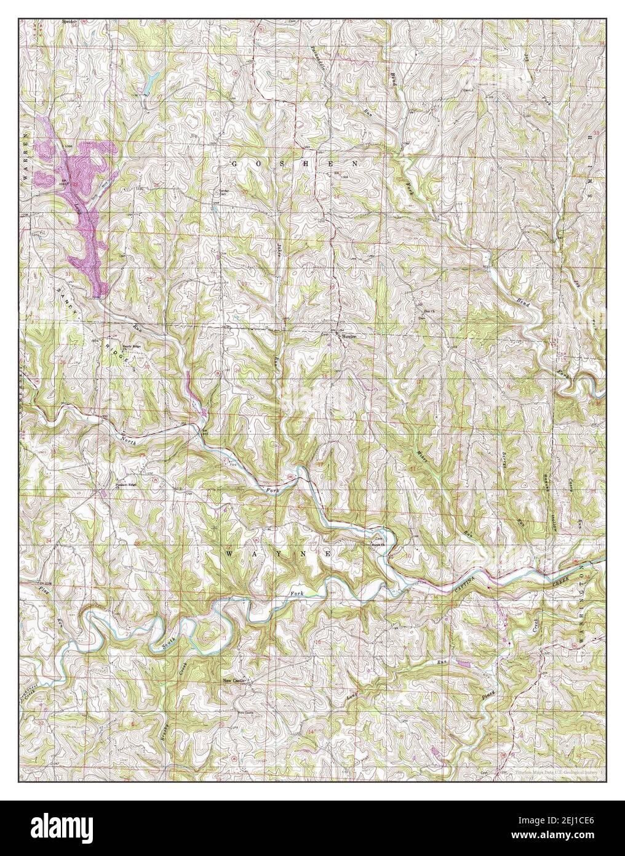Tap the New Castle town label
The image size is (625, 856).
pyautogui.click(x=234, y=680)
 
